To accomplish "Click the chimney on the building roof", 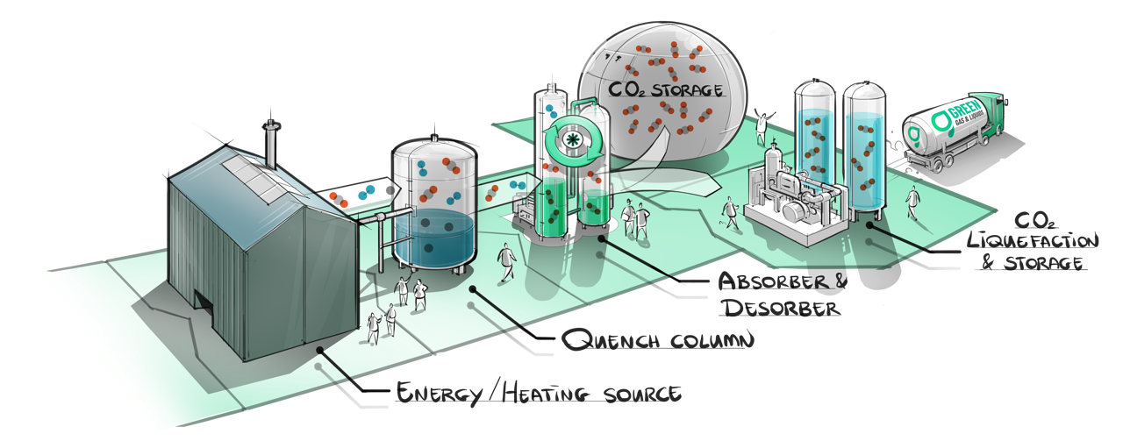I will click(x=271, y=142).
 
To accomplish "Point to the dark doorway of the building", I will click(x=204, y=302).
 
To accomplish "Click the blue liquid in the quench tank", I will click(x=433, y=237).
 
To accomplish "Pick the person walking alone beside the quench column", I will click(x=505, y=262).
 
